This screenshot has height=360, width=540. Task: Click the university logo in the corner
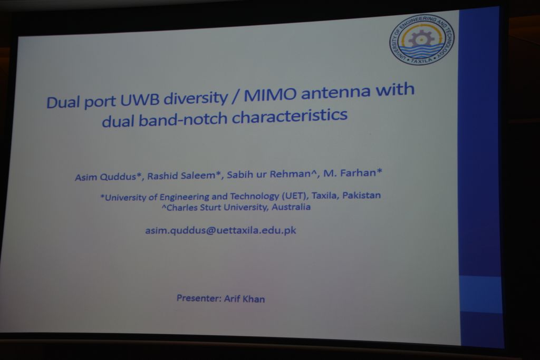[x=422, y=39]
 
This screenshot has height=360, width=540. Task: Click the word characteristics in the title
[x=290, y=115]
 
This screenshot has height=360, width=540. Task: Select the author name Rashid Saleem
[x=181, y=175]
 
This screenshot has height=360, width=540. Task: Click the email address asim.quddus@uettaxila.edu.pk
[x=221, y=230]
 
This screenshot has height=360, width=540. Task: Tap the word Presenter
[x=199, y=298]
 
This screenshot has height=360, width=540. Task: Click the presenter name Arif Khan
[x=245, y=299]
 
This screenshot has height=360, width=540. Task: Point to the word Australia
[x=291, y=207]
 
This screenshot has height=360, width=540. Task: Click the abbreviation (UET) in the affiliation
[x=294, y=196]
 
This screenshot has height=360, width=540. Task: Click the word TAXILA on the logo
[x=421, y=61]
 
